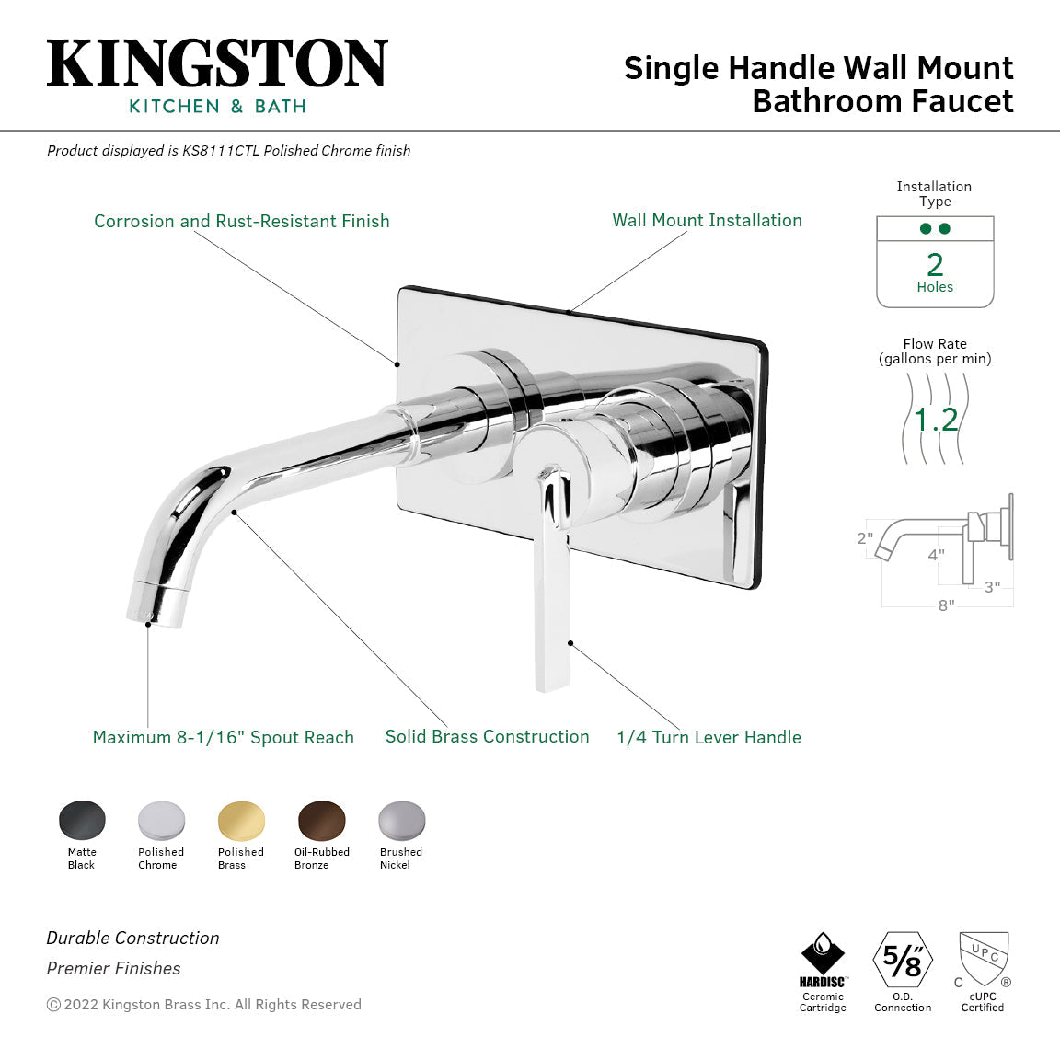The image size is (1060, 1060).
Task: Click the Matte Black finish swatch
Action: tap(82, 820)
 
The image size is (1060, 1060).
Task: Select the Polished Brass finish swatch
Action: tap(241, 820)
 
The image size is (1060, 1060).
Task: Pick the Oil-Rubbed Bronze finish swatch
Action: tap(321, 820)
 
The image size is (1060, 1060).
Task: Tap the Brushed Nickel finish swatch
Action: tap(401, 820)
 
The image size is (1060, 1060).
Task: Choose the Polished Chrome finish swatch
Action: tap(161, 820)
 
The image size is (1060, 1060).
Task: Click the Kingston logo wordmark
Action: tap(217, 64)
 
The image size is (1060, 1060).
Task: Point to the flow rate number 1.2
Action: tap(936, 420)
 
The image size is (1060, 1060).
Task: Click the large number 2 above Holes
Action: tap(935, 265)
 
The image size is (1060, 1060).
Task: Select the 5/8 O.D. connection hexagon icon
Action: tap(903, 960)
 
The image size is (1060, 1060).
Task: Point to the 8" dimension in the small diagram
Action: tap(946, 605)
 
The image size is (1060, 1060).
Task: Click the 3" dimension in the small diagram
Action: tap(992, 587)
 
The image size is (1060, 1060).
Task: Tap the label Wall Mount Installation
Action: tap(707, 221)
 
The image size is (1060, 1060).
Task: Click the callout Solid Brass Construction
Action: tap(487, 737)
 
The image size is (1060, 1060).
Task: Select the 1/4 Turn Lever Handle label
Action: tap(709, 738)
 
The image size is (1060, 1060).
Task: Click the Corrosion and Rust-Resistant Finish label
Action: tap(241, 222)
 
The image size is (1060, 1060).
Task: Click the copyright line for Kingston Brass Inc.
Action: tap(204, 1005)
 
